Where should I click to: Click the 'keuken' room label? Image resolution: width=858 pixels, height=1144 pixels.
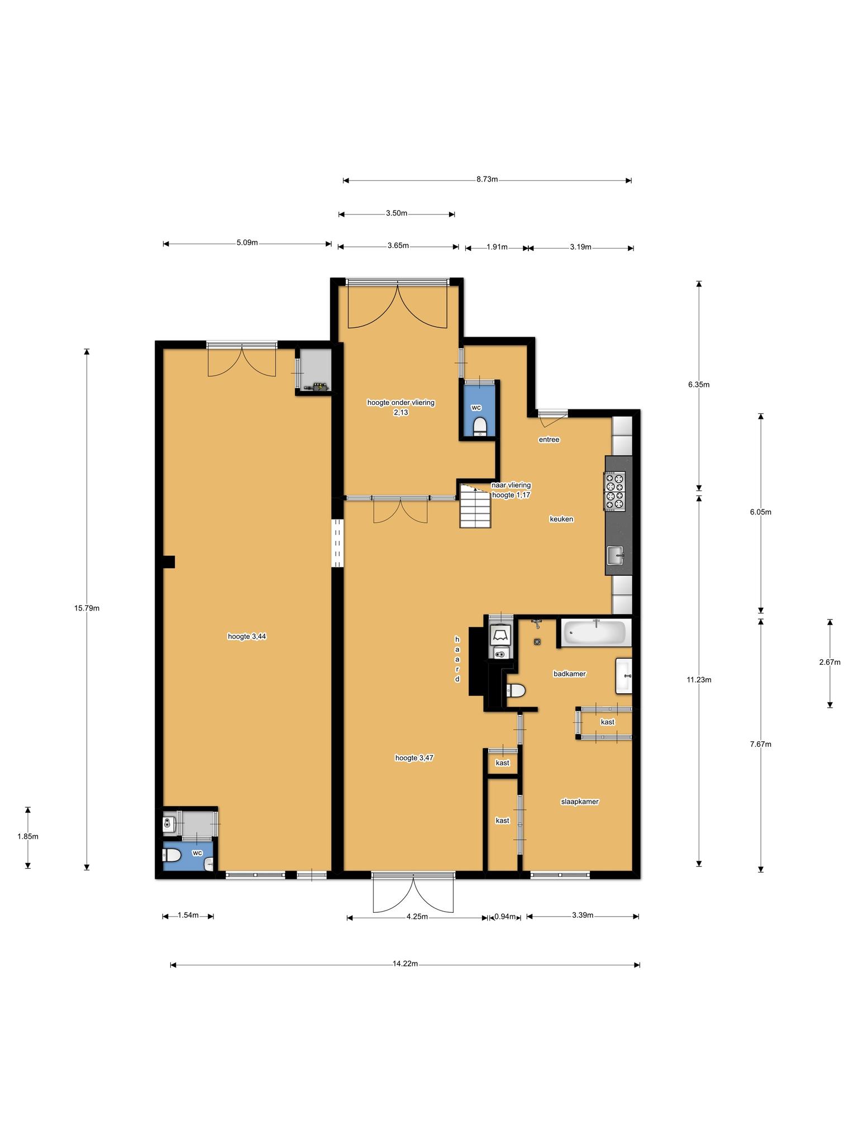pyautogui.click(x=561, y=519)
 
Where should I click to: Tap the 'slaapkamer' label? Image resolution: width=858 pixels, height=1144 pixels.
pyautogui.click(x=580, y=802)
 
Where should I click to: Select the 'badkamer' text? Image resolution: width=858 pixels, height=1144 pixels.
pyautogui.click(x=570, y=674)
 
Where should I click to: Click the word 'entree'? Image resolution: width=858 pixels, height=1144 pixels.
pyautogui.click(x=549, y=440)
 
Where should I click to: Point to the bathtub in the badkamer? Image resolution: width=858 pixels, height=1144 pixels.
pyautogui.click(x=595, y=632)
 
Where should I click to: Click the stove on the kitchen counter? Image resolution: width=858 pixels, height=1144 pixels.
pyautogui.click(x=614, y=491)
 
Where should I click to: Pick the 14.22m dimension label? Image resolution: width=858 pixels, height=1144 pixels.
pyautogui.click(x=406, y=964)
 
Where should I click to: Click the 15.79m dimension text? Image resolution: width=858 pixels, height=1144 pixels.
pyautogui.click(x=87, y=608)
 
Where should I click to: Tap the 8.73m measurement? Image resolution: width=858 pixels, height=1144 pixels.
pyautogui.click(x=487, y=179)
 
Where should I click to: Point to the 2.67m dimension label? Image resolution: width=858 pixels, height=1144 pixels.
pyautogui.click(x=830, y=662)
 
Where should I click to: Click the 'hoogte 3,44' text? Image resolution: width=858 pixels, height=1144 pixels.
pyautogui.click(x=247, y=636)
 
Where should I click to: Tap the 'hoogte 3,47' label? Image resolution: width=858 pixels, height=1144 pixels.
pyautogui.click(x=414, y=758)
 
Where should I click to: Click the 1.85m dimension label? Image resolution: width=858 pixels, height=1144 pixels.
pyautogui.click(x=28, y=837)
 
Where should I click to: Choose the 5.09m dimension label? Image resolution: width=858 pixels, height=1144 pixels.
pyautogui.click(x=247, y=242)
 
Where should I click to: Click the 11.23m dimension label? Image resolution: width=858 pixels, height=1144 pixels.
pyautogui.click(x=699, y=680)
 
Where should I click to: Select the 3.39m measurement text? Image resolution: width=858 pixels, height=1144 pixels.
pyautogui.click(x=582, y=915)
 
